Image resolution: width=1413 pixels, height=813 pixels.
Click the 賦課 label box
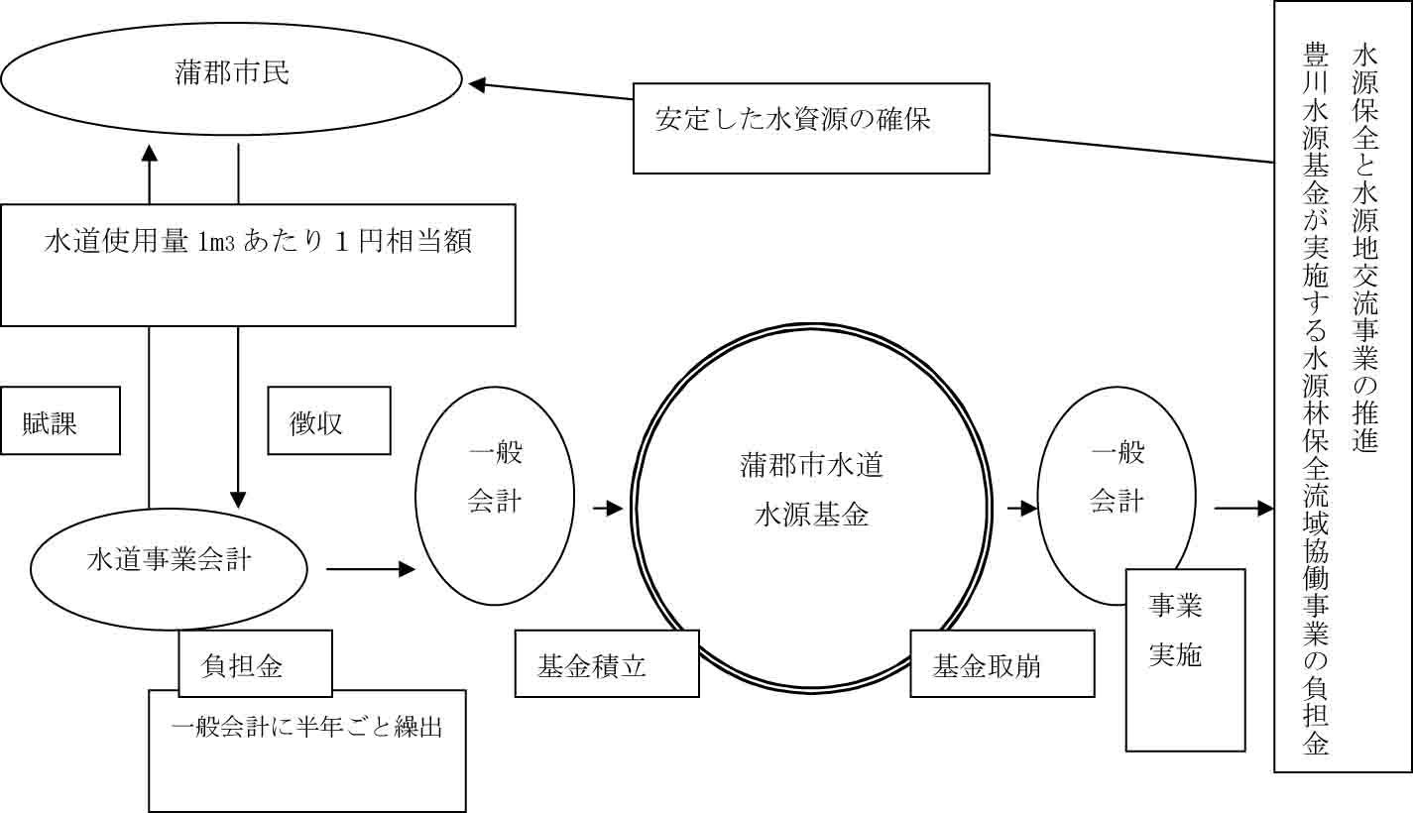[x=59, y=420]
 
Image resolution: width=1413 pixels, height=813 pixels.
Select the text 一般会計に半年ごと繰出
[x=306, y=727]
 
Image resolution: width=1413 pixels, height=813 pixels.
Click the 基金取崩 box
[x=1001, y=664]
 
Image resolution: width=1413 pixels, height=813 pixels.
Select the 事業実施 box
[x=1184, y=659]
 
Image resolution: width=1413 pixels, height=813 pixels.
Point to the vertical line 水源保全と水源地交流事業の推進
[x=1365, y=248]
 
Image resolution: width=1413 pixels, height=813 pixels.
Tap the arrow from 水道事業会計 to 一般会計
[x=369, y=569]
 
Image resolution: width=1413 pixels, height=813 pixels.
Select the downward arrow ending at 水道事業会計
[x=238, y=416]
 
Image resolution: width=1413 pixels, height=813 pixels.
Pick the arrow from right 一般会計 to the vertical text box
[x=1243, y=509]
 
